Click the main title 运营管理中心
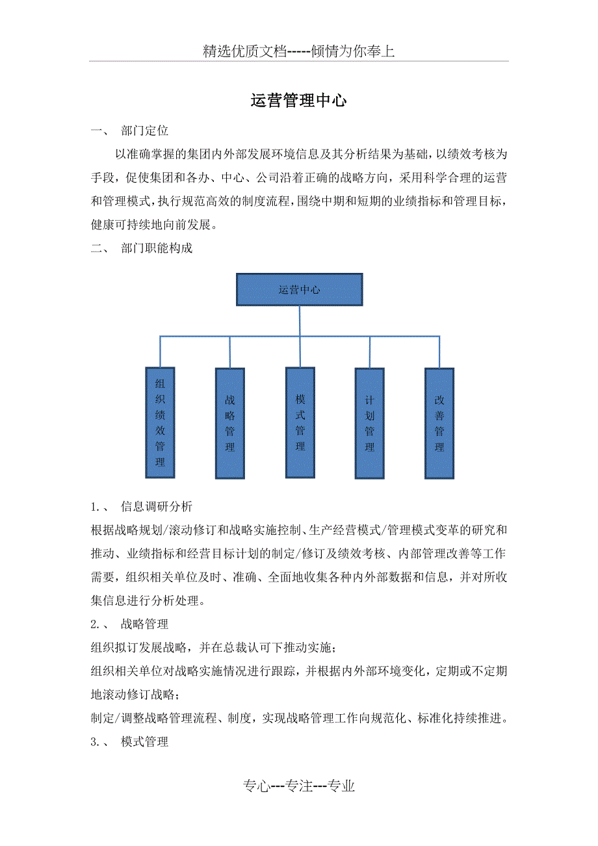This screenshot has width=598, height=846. [298, 101]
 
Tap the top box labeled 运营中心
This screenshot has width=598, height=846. [300, 290]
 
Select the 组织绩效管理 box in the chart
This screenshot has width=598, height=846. [160, 422]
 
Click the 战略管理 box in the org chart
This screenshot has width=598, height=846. [230, 424]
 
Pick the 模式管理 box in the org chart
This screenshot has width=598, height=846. [300, 422]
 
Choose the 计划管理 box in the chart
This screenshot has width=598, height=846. [370, 424]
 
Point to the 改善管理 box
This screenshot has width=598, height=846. [439, 424]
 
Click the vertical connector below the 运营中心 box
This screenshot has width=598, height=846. [300, 337]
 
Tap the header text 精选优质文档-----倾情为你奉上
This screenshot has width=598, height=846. [299, 51]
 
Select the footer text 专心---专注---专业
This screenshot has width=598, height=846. [299, 786]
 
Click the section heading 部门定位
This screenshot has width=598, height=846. [145, 131]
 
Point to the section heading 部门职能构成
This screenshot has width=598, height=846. [157, 248]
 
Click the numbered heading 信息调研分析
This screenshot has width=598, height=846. [157, 506]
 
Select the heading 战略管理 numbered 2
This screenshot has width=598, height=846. [145, 624]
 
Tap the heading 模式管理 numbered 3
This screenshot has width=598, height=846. [145, 741]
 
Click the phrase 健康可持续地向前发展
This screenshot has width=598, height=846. [151, 225]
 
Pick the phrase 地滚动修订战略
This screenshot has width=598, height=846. [133, 695]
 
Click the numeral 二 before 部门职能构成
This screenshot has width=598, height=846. [96, 248]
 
